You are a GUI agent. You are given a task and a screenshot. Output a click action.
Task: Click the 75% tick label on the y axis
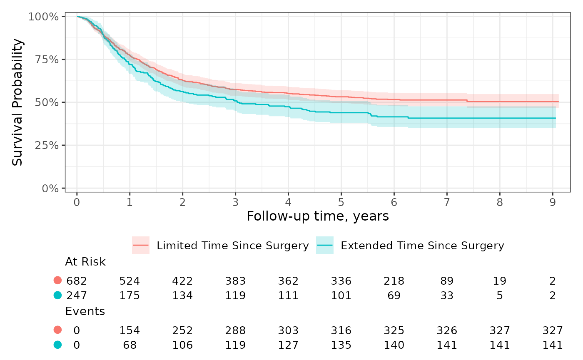47,60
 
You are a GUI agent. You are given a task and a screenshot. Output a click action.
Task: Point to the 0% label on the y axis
50,188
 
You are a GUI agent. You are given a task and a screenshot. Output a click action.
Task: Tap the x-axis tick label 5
341,202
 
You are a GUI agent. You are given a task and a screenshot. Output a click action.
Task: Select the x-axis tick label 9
553,202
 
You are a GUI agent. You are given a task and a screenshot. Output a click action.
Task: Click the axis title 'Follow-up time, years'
317,216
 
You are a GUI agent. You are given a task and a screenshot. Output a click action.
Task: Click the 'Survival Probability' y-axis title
17,102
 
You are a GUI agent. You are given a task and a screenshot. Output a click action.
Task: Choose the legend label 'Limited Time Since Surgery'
233,246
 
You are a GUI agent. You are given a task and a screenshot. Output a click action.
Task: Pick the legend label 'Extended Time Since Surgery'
422,246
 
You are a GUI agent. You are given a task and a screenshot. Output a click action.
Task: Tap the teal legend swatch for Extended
325,245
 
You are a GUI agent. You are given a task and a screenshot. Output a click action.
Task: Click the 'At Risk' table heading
85,262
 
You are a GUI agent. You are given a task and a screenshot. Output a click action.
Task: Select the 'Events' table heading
85,311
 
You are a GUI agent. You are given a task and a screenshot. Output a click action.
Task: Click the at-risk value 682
77,281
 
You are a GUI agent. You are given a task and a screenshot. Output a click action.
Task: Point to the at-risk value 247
77,295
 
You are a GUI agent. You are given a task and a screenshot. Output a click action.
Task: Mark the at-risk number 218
394,281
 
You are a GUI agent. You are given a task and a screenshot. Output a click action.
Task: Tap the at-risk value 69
394,295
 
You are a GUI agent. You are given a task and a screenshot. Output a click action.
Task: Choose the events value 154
130,330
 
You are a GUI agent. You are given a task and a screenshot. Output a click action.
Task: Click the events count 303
288,330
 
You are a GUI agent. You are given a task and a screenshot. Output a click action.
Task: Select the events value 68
130,345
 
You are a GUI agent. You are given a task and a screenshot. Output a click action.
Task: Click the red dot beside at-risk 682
57,281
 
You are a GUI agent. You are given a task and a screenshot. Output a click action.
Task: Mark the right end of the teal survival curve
556,118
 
